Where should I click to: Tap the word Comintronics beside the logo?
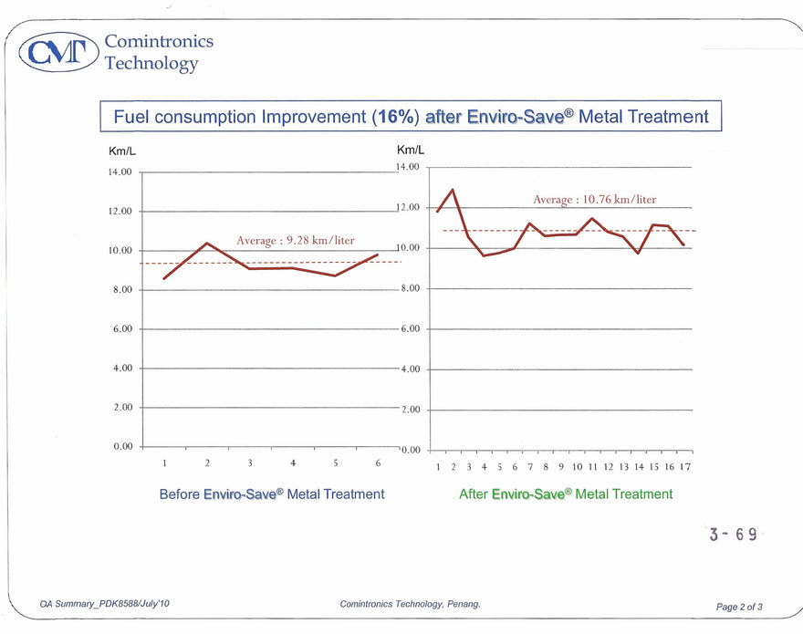(x=159, y=41)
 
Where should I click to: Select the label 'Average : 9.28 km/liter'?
(x=295, y=240)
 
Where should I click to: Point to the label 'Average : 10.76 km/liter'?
(x=594, y=199)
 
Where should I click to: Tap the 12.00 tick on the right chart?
(x=408, y=208)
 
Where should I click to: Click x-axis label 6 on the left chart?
(x=378, y=463)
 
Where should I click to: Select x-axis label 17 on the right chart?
(x=684, y=467)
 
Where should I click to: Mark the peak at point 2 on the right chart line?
(x=453, y=190)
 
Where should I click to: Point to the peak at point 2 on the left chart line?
(x=207, y=243)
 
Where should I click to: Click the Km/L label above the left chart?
(x=121, y=151)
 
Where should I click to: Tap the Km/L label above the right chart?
(x=411, y=151)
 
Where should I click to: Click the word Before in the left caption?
(x=180, y=494)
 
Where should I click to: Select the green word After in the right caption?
(x=474, y=494)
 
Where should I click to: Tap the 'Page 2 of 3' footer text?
(x=739, y=607)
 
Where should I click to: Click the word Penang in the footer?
(x=461, y=604)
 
